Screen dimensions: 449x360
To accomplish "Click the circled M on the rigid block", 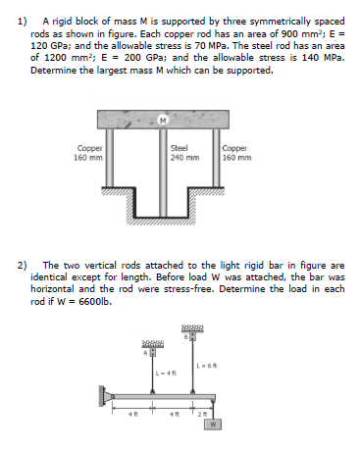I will (x=160, y=121).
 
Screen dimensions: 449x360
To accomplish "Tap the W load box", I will (x=213, y=424).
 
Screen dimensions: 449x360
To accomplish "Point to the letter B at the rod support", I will (x=183, y=336).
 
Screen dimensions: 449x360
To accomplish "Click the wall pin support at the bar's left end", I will (x=103, y=394).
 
